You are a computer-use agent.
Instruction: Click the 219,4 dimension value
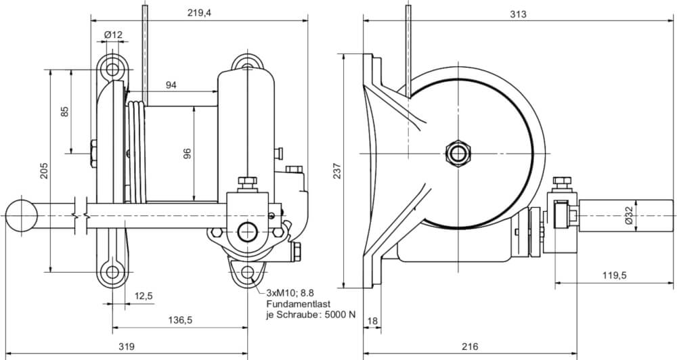pos(199,13)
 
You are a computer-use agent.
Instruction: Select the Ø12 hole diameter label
pos(113,35)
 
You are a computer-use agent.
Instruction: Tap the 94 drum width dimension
pos(171,85)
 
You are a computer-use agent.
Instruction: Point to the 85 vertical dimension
pos(65,111)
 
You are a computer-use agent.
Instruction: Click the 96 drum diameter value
pos(188,154)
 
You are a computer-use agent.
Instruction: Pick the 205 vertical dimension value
pos(44,171)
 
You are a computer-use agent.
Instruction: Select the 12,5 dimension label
pos(143,296)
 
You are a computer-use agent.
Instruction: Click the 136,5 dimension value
pos(179,319)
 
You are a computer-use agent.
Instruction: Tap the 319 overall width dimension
pos(126,346)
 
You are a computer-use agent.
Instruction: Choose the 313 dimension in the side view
pos(518,13)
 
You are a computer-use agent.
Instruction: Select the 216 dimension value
pos(469,346)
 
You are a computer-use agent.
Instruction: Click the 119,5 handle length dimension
pos(614,275)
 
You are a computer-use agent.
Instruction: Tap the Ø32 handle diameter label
pos(629,215)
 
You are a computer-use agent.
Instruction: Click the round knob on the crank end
pos(22,215)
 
